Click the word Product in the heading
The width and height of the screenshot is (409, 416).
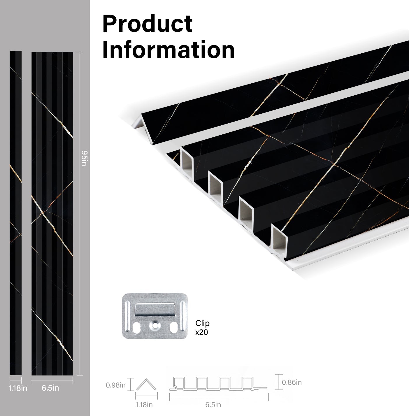coord(147,24)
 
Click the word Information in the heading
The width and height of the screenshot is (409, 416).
coord(168,50)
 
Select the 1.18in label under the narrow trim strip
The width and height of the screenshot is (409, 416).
coord(18,388)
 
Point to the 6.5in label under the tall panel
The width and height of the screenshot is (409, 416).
coord(50,388)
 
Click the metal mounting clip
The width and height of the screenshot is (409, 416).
coord(155,316)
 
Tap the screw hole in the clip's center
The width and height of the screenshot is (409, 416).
coord(155,324)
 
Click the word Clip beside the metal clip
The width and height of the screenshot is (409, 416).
coord(202,324)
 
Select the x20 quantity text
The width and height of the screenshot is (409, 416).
coord(201,332)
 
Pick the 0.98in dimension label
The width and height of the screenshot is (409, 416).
coord(115,385)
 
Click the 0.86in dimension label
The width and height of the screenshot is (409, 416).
coord(292,382)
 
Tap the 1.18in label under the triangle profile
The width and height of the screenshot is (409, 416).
coord(144,405)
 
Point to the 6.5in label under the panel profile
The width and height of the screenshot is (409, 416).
coord(213,405)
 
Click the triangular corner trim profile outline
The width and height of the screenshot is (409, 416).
coord(146,385)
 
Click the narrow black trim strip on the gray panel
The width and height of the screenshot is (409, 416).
coord(15,213)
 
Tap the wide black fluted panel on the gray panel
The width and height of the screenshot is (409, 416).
coord(52,213)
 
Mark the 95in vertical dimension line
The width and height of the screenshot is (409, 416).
coord(80,213)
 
